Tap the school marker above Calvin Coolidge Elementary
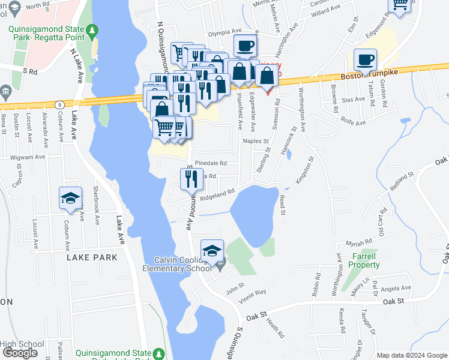[x=212, y=251]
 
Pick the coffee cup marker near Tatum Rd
[x=366, y=59]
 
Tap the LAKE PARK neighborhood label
[x=92, y=257]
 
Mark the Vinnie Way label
[x=252, y=293]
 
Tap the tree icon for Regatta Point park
[x=92, y=30]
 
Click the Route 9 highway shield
[x=59, y=104]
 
